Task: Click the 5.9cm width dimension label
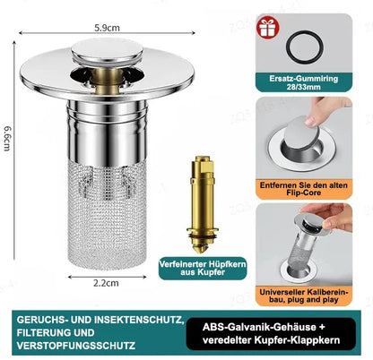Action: (x=107, y=28)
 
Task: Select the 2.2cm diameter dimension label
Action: (x=106, y=283)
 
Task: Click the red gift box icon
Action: (x=267, y=27)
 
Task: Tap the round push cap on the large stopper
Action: (x=107, y=51)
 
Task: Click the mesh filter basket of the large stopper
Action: (x=107, y=215)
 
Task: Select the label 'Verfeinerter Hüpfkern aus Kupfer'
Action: (x=203, y=268)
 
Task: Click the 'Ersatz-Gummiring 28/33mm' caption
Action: (x=304, y=82)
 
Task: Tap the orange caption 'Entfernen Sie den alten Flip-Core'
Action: (x=304, y=189)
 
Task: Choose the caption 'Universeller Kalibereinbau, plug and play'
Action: (x=304, y=296)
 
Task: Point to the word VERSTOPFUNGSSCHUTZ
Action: (x=76, y=346)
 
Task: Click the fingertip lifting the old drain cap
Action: (x=311, y=121)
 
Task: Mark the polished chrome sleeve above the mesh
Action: (x=108, y=133)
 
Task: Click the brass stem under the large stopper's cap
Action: (x=107, y=79)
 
